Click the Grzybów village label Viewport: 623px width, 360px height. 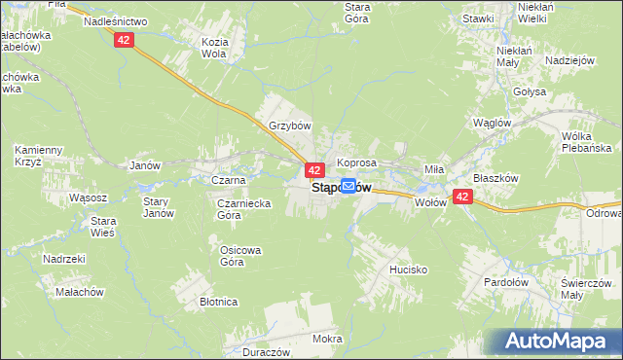(x=289, y=126)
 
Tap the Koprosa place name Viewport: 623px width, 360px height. (x=356, y=162)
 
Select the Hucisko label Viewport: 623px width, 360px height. (x=409, y=270)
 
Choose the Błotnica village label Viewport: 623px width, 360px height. (x=219, y=302)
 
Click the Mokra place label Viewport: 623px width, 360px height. (x=327, y=339)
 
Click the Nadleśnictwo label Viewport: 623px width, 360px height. (x=115, y=20)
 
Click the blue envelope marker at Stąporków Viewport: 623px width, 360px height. (x=348, y=186)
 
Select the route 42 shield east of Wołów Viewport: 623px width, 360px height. (x=462, y=197)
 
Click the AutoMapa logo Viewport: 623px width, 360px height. (x=560, y=341)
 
